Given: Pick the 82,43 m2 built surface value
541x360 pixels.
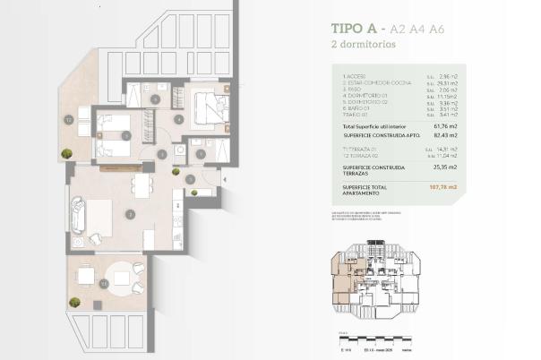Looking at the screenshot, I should tap(444, 135).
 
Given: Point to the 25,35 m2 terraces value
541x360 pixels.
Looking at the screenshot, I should tap(445, 167).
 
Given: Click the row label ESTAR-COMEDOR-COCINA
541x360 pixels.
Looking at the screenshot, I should tap(375, 86).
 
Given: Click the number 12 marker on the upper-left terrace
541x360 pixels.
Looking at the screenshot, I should tap(68, 118).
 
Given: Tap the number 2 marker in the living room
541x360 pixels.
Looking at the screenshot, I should tap(131, 214).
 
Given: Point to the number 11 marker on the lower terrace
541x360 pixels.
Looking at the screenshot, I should tap(104, 283).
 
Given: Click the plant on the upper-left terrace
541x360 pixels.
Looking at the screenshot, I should tap(66, 153).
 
